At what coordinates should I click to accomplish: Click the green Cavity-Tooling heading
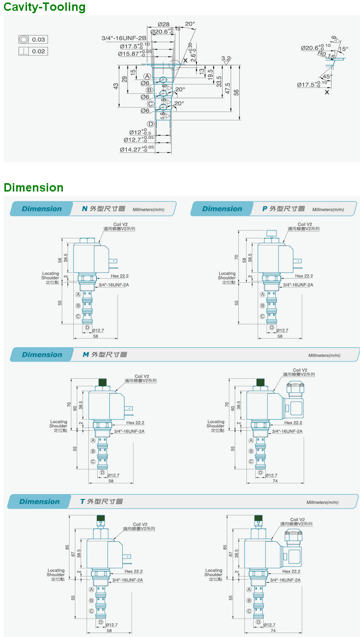click(x=44, y=7)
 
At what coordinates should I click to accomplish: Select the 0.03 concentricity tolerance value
click(x=38, y=39)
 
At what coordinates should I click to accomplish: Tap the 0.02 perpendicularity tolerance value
click(x=38, y=51)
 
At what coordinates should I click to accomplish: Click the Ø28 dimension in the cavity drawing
click(x=164, y=24)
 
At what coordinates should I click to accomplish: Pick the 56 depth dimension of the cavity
click(x=236, y=92)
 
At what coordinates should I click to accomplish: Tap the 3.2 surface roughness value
click(x=226, y=58)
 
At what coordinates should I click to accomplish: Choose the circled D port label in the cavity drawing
click(x=151, y=124)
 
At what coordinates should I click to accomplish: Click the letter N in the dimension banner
click(x=84, y=209)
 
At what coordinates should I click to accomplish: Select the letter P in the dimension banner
click(x=265, y=209)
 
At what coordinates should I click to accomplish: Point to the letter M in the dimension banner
click(x=85, y=355)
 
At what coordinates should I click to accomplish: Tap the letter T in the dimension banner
click(x=83, y=501)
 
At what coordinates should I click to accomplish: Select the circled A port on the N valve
click(x=78, y=295)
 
